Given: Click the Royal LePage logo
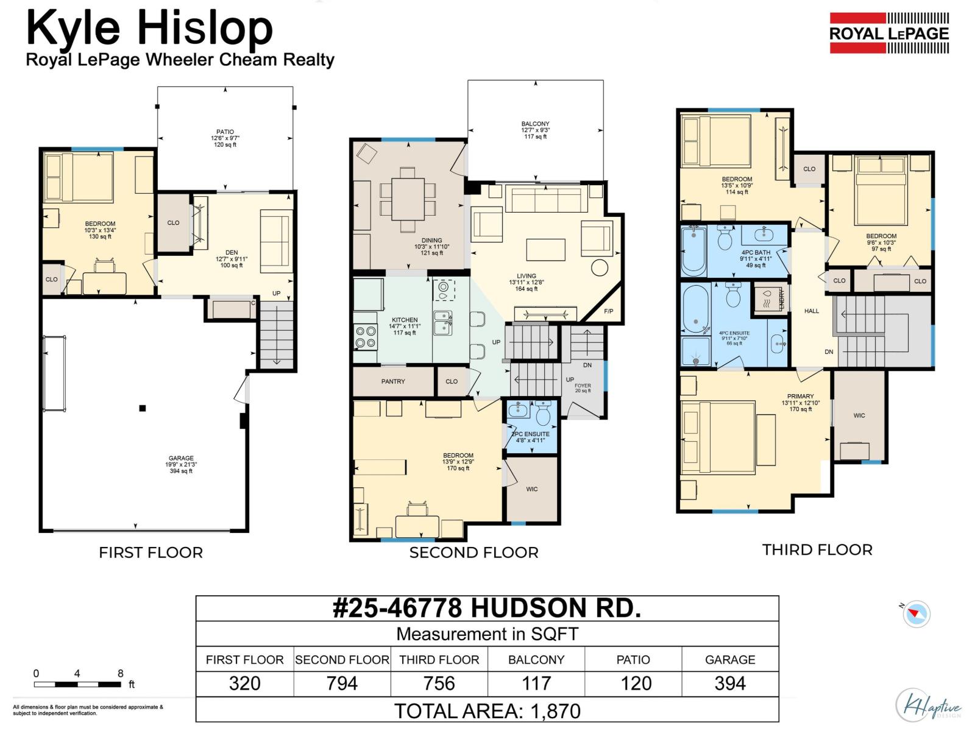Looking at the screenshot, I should coord(888,34).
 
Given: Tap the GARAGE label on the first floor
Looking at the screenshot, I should coord(181,458).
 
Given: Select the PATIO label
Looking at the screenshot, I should coord(225,132).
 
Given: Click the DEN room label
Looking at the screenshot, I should coord(232,252).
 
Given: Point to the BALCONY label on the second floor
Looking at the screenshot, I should coord(535,124).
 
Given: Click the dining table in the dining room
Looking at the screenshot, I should coord(408,199).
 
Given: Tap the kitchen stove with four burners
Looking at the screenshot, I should coord(366,338).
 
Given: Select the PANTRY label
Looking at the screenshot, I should coord(393,381).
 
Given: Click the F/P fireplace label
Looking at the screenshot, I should coord(608,311).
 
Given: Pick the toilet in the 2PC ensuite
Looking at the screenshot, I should coord(542,415).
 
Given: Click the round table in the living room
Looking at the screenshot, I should coord(600,267).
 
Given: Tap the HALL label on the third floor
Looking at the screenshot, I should coord(811,311).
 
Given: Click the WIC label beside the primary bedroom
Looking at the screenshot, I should coord(859,415).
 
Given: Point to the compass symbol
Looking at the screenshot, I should coord(916,613).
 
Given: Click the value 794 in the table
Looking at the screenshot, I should coord(341,683).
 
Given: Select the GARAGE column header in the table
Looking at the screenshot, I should coord(729,660).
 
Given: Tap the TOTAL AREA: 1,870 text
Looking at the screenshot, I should coord(487,711).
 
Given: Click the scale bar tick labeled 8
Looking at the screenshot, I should coord(120,674).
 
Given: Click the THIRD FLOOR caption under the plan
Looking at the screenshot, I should coord(817,549).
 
